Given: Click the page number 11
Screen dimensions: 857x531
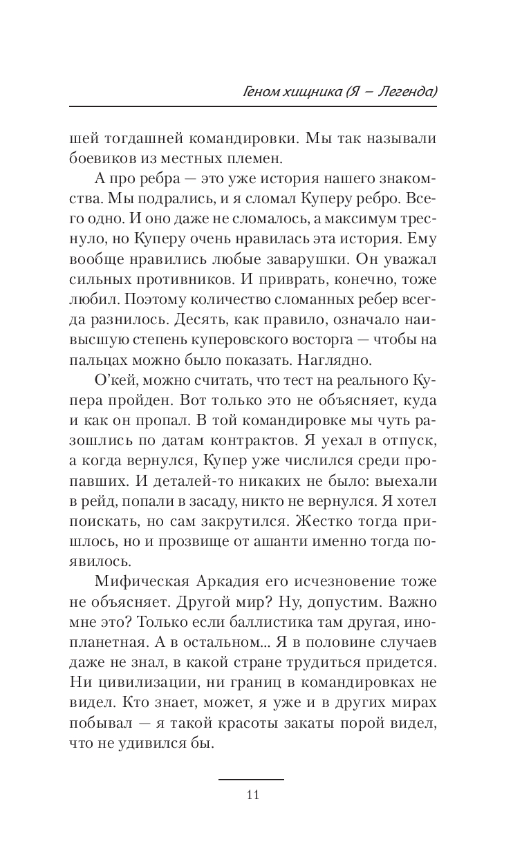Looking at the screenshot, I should tap(252, 794).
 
